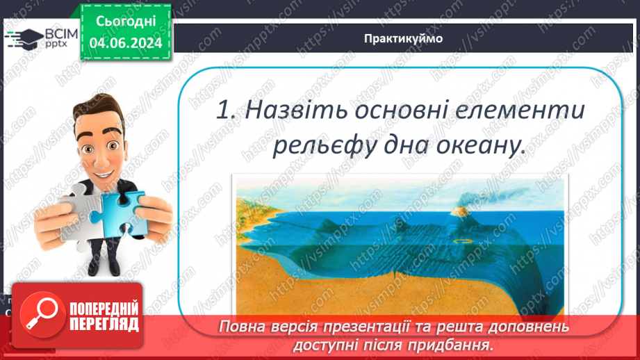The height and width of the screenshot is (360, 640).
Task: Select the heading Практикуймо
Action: pyautogui.click(x=402, y=38)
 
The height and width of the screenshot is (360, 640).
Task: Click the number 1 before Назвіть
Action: pyautogui.click(x=222, y=111)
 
